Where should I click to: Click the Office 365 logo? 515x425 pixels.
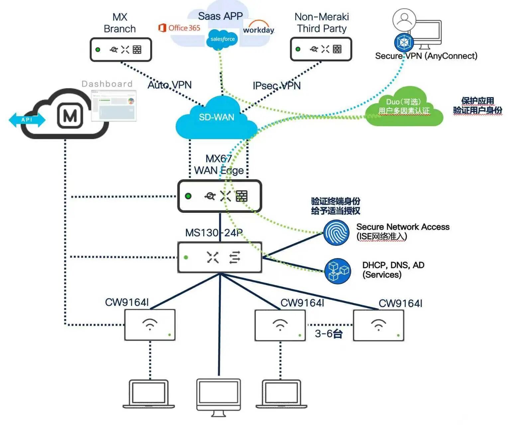tap(179, 28)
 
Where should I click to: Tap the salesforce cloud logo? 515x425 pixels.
tap(222, 39)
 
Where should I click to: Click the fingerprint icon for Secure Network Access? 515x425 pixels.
tap(336, 233)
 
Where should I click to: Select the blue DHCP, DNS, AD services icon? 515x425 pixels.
tap(338, 271)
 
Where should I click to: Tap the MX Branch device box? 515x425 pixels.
tap(121, 49)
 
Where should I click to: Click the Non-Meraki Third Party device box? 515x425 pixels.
tap(321, 49)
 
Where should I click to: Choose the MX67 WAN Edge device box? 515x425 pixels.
tap(220, 196)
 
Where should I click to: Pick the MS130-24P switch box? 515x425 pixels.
tap(220, 257)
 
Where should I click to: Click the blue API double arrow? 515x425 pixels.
tap(27, 120)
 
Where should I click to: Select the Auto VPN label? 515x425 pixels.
tap(169, 85)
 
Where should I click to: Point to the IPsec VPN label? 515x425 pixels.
tap(276, 86)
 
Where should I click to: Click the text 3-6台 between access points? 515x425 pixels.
tap(329, 334)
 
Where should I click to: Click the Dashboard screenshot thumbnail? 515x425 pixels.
tap(114, 105)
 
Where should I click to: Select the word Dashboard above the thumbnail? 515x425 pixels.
tap(107, 84)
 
